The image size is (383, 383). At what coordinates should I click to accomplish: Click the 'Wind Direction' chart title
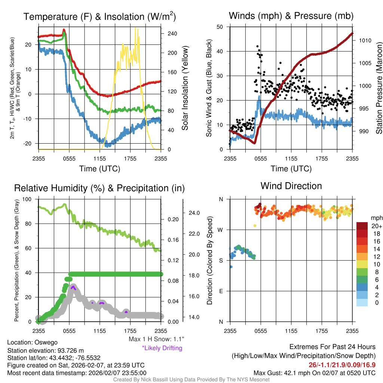pos(291,186)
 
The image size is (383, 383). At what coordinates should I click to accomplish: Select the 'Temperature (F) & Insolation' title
pos(99,17)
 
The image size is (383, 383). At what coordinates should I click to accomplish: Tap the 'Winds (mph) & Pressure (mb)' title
pos(291,16)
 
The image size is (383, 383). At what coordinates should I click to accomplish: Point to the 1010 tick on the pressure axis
pos(365,40)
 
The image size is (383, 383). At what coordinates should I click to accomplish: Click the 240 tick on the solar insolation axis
pos(172,33)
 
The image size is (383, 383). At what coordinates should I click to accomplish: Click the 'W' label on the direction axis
pos(221,230)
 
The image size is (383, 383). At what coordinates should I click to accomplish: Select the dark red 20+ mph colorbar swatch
pos(362,226)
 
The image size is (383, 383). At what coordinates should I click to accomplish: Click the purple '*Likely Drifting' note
pos(162,348)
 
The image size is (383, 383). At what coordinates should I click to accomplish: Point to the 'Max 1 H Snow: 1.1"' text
pos(156,339)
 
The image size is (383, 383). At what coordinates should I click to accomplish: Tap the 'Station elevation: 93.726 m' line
pos(43,350)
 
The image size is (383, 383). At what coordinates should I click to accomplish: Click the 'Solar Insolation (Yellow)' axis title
pos(185,88)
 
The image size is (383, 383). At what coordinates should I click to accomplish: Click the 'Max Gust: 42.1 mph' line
pos(314,373)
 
